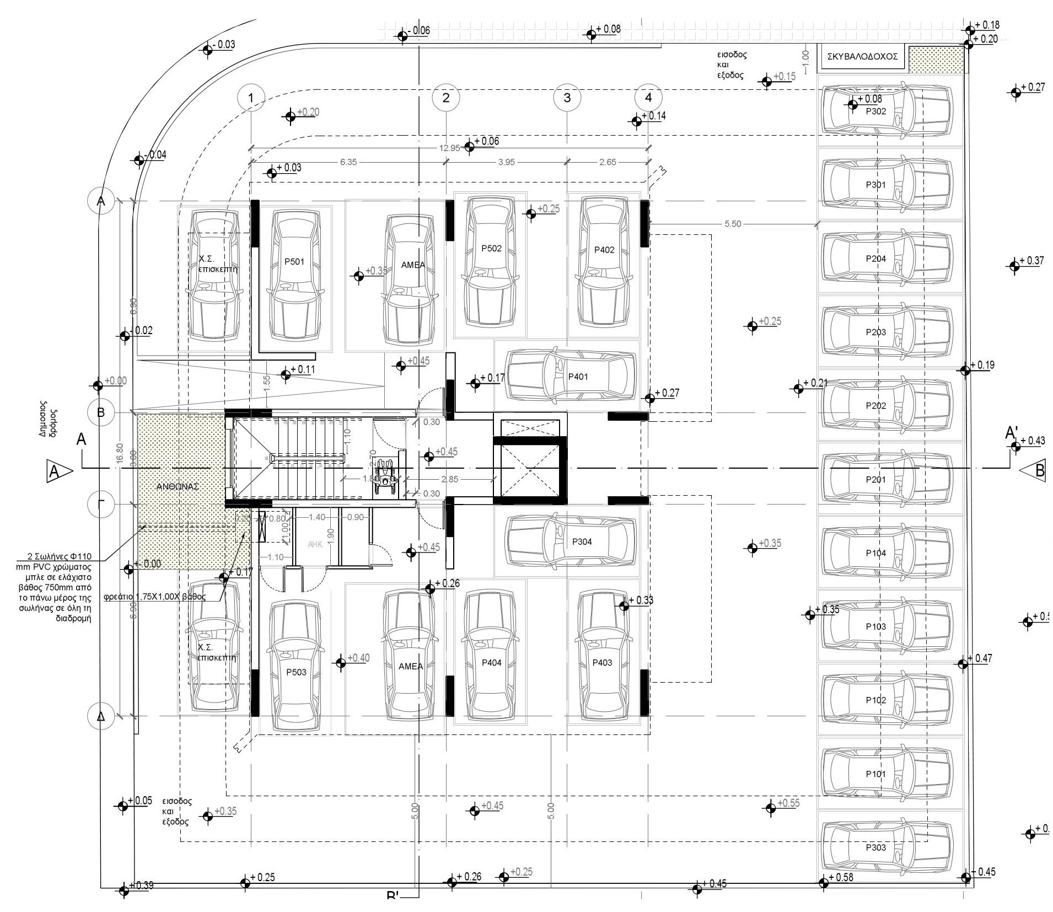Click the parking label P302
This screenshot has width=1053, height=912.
point(875,111)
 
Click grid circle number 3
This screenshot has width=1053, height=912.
point(567,98)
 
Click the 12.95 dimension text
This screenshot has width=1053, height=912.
point(449,148)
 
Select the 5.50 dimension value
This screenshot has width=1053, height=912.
point(732,224)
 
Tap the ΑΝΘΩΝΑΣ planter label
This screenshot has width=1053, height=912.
point(178,487)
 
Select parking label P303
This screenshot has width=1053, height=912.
point(875,847)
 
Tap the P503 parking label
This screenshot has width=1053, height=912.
point(296,672)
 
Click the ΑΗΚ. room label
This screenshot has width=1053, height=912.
point(315,544)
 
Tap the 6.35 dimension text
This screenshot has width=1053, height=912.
point(348,162)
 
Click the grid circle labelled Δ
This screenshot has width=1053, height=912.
point(101,716)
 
